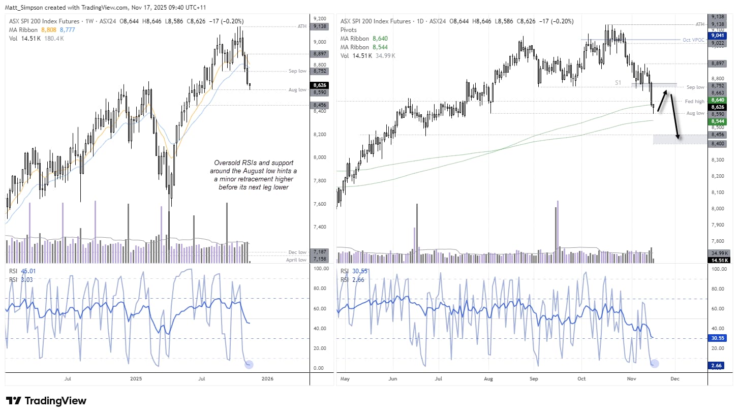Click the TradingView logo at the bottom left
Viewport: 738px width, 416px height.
[46, 401]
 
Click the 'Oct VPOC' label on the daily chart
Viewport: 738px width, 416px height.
[694, 40]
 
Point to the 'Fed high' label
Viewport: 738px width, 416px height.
[694, 102]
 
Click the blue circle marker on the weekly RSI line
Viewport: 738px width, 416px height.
[249, 364]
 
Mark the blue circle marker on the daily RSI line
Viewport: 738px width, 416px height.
[655, 363]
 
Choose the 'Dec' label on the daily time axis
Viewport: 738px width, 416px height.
[675, 378]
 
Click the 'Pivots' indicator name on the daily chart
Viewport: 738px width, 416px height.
[349, 30]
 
